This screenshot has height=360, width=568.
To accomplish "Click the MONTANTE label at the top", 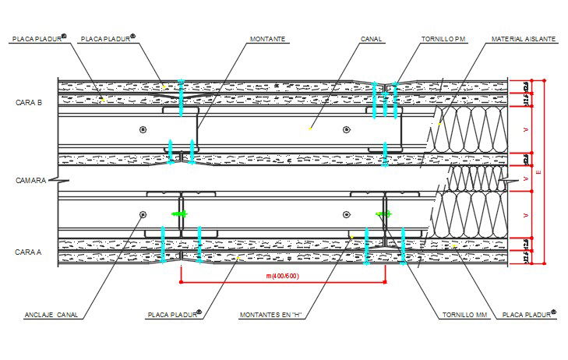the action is [x=267, y=38].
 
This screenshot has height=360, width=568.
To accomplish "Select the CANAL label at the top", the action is [x=371, y=38].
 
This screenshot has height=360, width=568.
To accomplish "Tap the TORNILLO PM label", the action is [x=444, y=38].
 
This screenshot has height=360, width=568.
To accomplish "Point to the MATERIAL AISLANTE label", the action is [x=522, y=38].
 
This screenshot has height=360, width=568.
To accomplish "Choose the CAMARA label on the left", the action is [x=30, y=180].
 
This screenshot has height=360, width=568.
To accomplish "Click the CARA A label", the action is [x=29, y=252].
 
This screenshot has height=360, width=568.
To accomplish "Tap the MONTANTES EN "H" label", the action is [x=268, y=315].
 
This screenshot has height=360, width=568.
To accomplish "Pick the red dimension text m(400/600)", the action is [x=281, y=276].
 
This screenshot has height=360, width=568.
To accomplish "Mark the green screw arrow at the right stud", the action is [x=383, y=214].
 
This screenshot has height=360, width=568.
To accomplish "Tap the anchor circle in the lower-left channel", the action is [x=143, y=214].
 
